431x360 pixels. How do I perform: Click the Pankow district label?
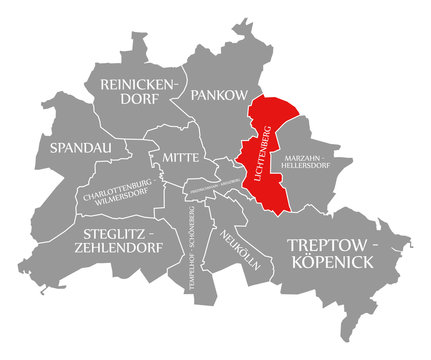(216, 96)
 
